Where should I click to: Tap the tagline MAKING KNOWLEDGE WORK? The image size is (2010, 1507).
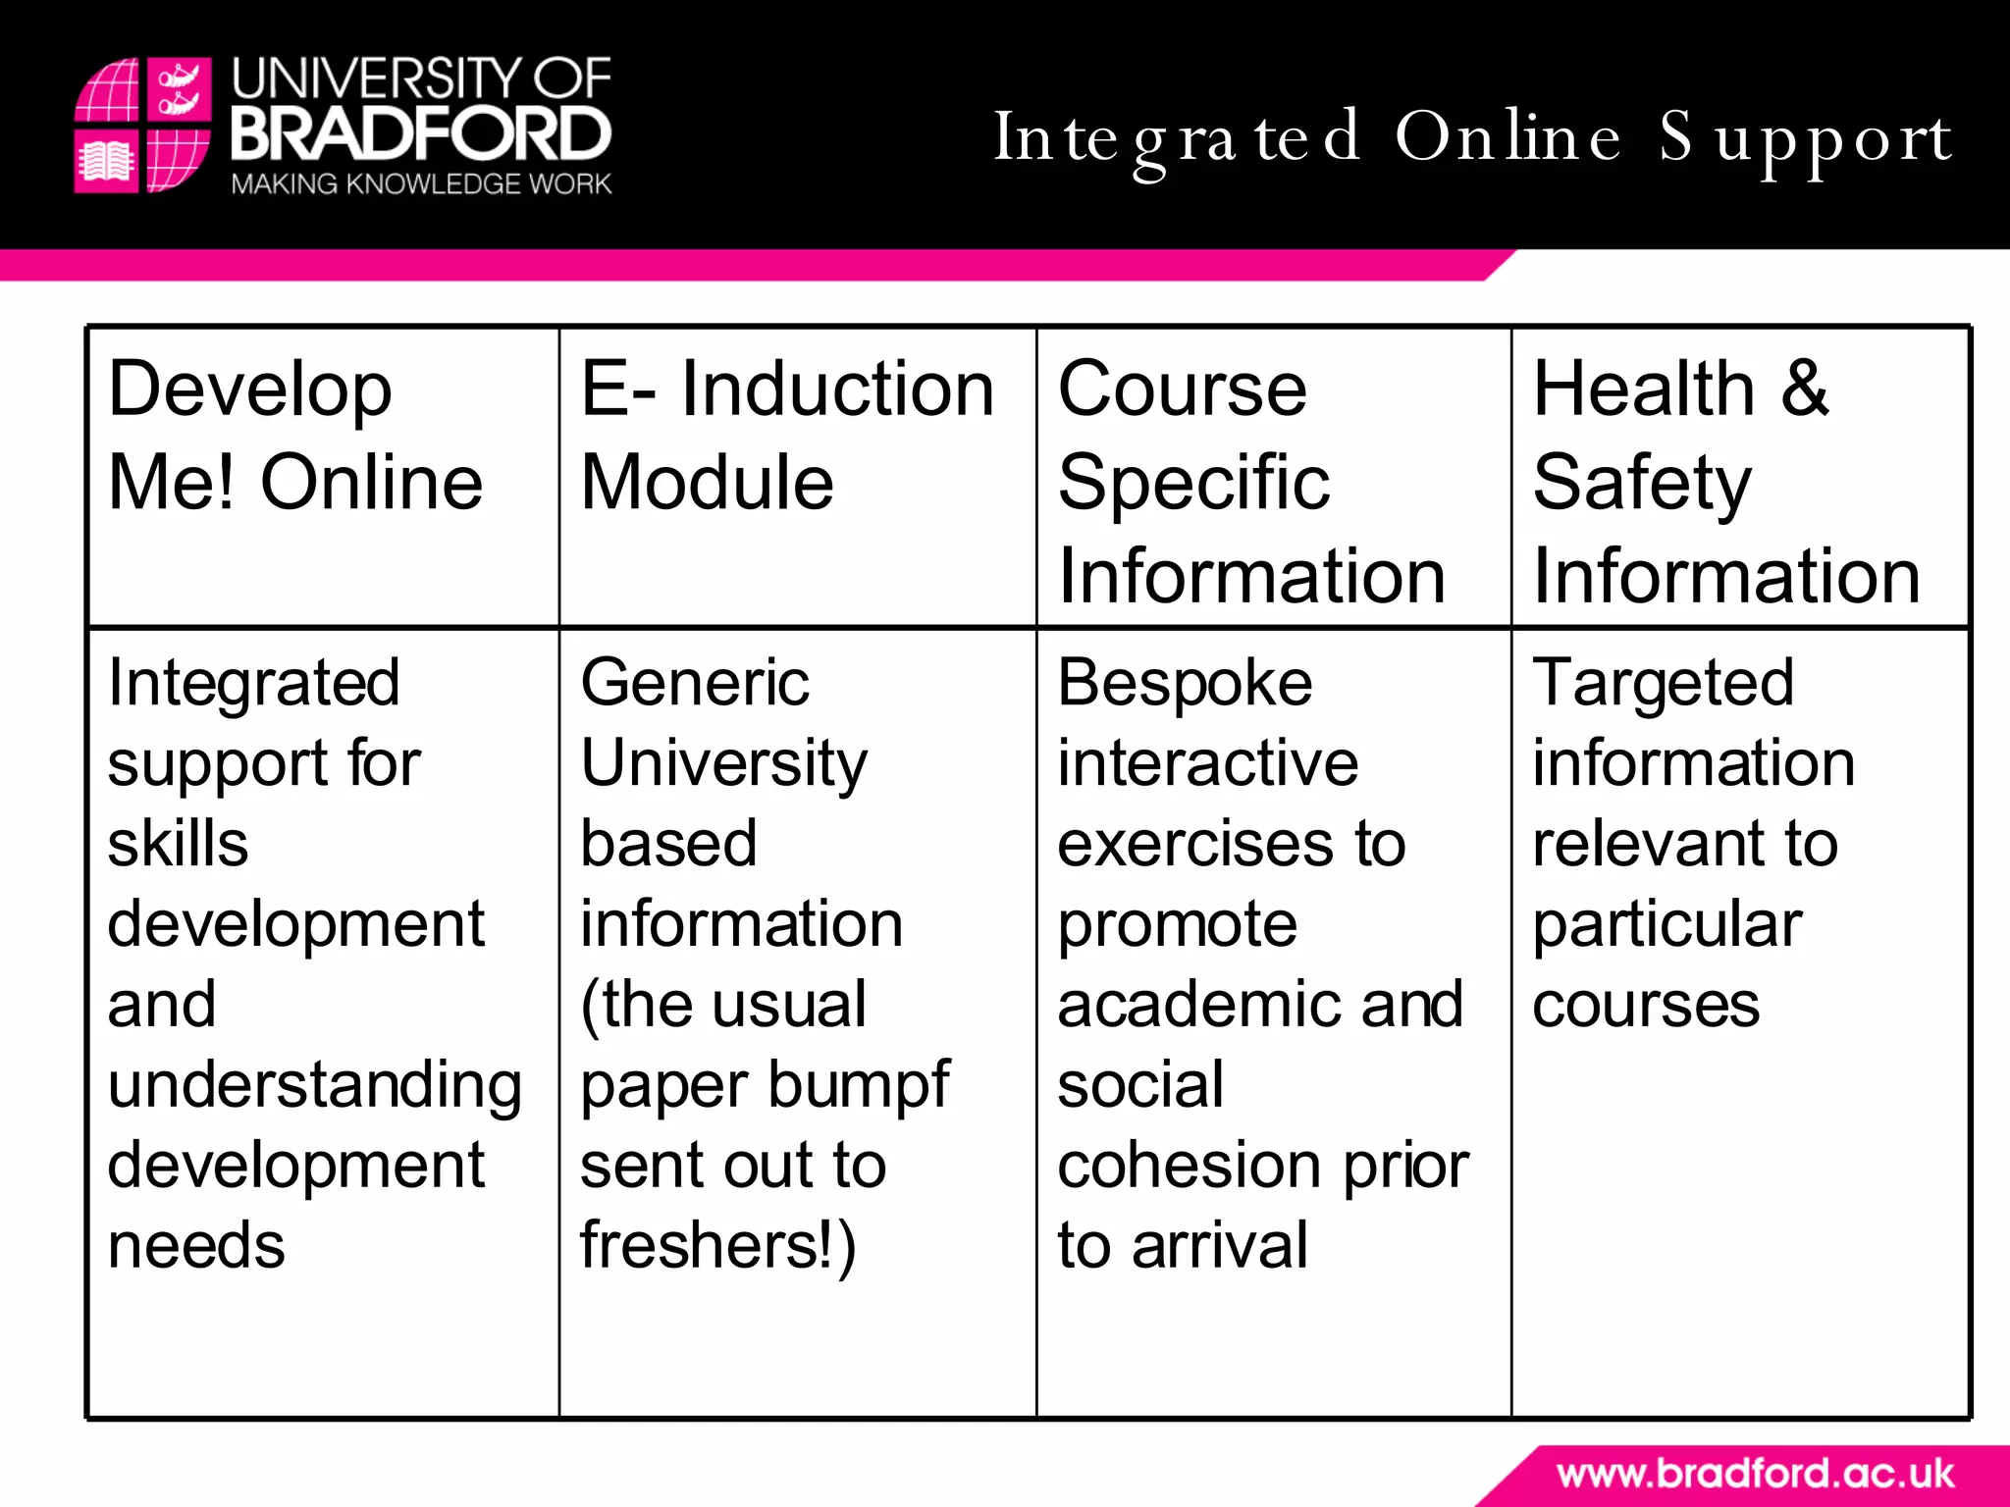[x=421, y=184]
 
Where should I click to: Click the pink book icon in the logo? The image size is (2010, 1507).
[x=105, y=162]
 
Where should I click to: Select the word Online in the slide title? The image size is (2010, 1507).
[x=1507, y=137]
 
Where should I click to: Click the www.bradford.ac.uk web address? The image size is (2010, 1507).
[x=1755, y=1474]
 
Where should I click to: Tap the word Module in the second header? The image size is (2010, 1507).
[x=707, y=483]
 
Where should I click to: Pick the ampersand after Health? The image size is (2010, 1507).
[x=1805, y=389]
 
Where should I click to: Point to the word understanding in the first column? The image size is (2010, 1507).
[x=314, y=1086]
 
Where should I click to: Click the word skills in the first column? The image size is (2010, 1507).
[x=178, y=844]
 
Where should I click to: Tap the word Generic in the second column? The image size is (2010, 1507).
[x=695, y=684]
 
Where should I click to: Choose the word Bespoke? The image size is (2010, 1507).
[x=1185, y=684]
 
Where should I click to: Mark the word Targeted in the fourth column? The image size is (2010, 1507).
[x=1664, y=684]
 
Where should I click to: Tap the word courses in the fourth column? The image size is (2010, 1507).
[x=1646, y=1006]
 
